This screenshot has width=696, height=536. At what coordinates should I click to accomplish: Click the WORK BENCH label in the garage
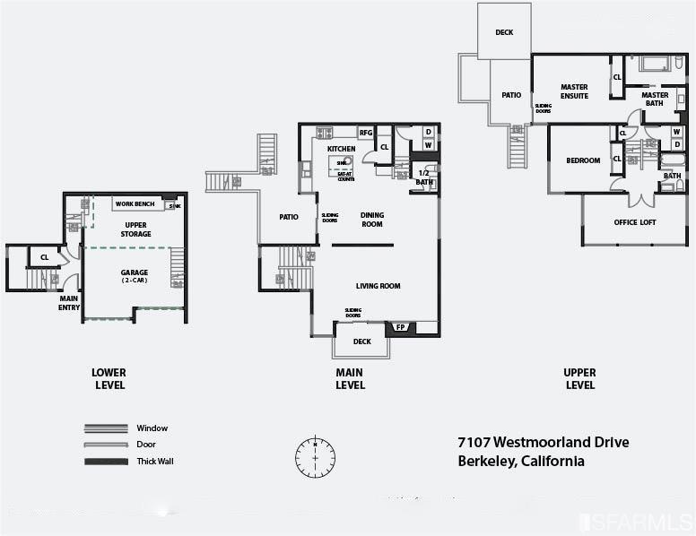135,204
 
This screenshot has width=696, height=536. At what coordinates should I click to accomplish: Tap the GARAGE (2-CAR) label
135,275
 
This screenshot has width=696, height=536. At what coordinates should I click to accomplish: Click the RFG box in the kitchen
365,133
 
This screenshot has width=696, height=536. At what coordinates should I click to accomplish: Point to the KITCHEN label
341,149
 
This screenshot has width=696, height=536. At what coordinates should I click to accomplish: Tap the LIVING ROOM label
378,286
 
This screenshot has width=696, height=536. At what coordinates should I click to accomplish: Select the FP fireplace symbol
400,327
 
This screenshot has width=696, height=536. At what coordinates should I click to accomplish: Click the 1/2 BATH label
423,177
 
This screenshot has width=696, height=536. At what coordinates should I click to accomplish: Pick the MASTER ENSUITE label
574,91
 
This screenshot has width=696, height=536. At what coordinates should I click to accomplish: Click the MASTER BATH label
655,99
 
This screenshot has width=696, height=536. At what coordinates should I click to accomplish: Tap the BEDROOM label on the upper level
583,160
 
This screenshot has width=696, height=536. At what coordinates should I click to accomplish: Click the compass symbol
315,457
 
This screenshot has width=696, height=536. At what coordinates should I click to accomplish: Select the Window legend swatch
106,428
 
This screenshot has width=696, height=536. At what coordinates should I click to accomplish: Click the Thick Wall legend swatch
106,462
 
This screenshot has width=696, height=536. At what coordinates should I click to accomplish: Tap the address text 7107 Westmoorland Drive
543,443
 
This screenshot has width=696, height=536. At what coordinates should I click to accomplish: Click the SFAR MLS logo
636,521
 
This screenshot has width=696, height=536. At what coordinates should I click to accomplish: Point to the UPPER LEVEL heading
579,378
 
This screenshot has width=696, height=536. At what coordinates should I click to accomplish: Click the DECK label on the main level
361,341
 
